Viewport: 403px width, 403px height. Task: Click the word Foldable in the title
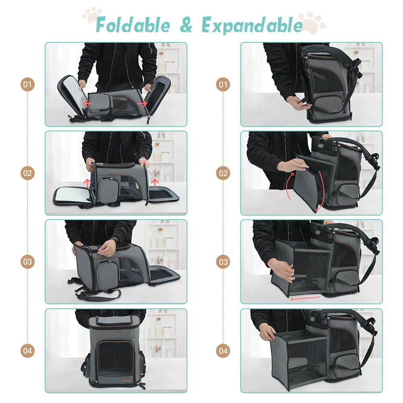pos(133,25)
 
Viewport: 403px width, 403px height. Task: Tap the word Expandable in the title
pos(252,25)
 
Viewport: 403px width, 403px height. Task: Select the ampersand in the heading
pos(186,25)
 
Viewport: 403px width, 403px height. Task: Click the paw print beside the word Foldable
pos(92,15)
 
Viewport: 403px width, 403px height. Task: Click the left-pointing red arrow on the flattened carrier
pos(88,104)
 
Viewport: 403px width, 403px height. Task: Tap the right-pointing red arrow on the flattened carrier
pos(142,103)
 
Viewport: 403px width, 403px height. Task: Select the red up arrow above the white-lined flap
pos(87,183)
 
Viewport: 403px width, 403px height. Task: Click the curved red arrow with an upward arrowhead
pos(289,185)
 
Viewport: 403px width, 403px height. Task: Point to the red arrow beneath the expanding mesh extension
pos(305,298)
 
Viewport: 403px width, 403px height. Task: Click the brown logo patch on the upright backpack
pos(127,381)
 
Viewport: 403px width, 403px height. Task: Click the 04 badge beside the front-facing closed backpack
pos(27,351)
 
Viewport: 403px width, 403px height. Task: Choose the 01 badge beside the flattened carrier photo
pos(27,84)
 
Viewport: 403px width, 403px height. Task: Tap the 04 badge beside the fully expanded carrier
pos(223,351)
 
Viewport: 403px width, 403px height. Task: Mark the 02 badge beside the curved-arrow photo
pos(223,173)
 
